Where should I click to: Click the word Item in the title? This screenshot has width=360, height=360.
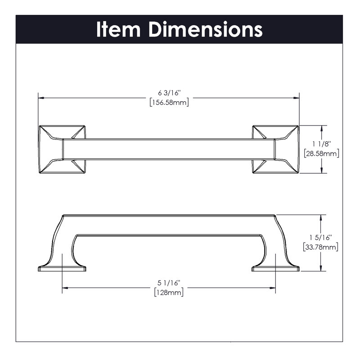[x=118, y=29]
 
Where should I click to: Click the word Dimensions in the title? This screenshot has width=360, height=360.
[x=206, y=29]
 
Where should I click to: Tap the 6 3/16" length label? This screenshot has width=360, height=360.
[x=170, y=93]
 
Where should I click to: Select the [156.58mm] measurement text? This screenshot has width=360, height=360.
[x=169, y=102]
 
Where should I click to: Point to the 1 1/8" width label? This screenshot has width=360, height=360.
[x=321, y=144]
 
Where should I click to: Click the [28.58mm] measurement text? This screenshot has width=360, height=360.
[x=321, y=153]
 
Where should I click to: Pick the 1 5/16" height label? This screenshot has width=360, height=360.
[x=320, y=238]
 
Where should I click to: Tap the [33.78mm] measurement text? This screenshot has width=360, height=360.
[x=320, y=247]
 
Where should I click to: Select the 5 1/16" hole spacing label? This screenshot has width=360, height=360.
[x=169, y=283]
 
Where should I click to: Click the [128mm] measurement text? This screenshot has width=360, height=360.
[x=169, y=292]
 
